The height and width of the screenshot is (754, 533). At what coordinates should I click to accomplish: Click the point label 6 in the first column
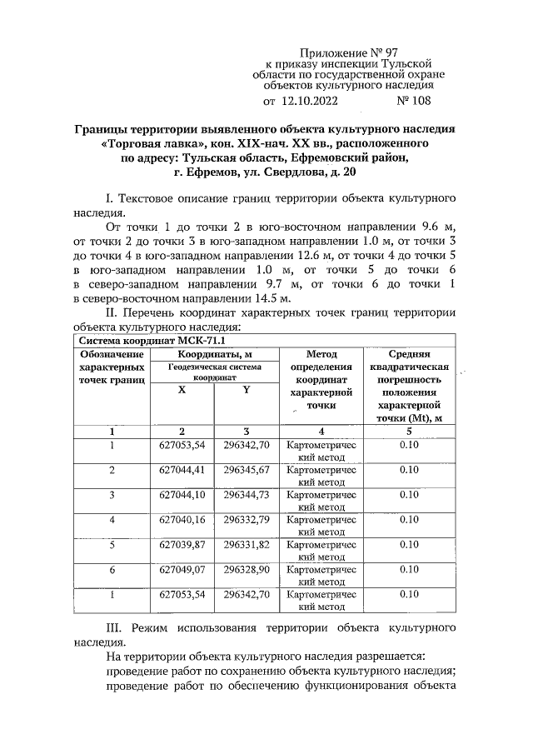coord(112,570)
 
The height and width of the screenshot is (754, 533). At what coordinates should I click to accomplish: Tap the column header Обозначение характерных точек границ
coord(112,367)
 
